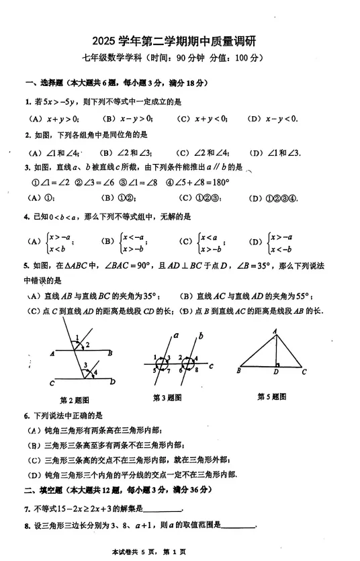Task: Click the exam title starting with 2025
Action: (x=180, y=42)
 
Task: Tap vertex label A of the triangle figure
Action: (x=275, y=331)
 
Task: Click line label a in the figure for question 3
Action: (x=175, y=335)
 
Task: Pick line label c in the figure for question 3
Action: (x=211, y=366)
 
